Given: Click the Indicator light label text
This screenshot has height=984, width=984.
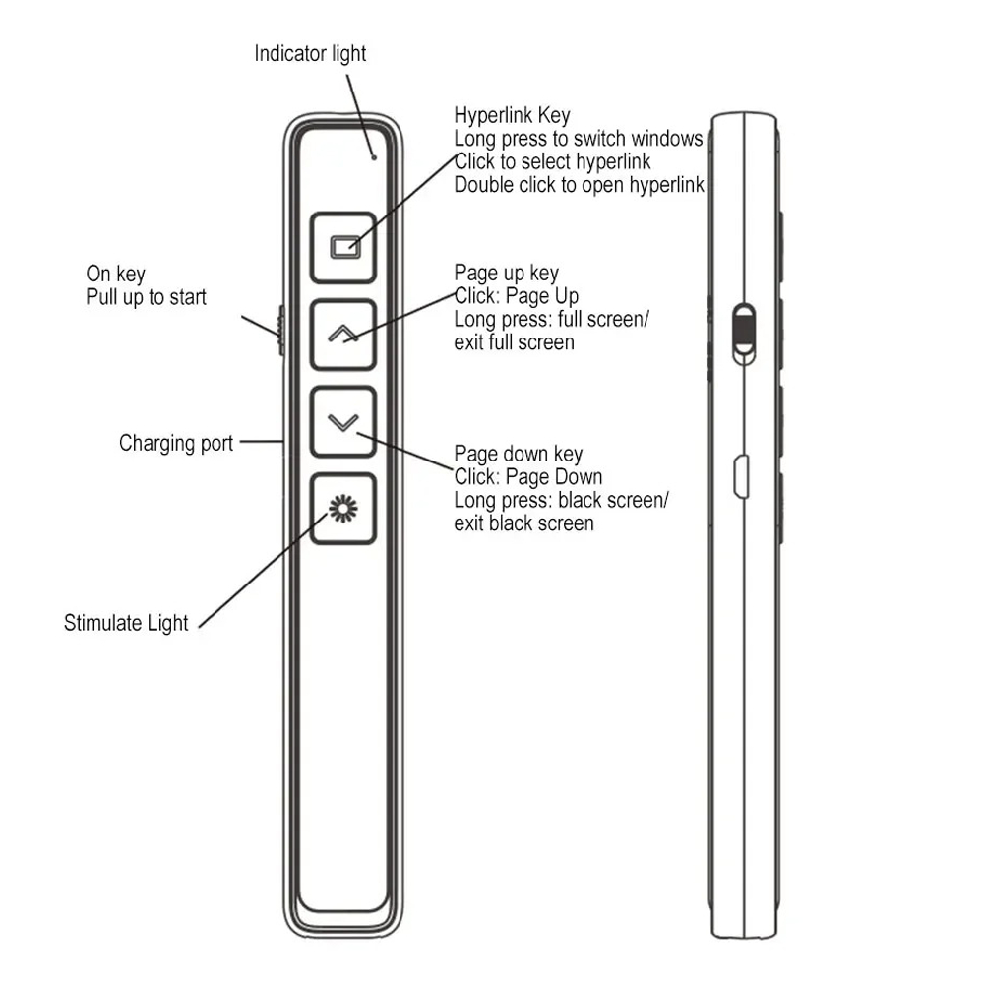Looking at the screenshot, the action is [310, 54].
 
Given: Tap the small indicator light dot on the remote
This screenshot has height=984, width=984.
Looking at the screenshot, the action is [374, 157].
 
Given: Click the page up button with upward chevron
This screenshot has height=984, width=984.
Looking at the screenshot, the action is [343, 335].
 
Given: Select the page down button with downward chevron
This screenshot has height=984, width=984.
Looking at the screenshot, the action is [343, 422].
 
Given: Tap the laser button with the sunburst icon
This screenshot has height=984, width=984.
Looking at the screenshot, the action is [343, 509].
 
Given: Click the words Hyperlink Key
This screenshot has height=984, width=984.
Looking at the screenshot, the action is [512, 115].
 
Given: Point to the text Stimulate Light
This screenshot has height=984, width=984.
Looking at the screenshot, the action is [126, 623].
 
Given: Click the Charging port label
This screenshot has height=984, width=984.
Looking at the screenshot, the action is [176, 443].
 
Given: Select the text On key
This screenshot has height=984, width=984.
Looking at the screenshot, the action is [115, 275].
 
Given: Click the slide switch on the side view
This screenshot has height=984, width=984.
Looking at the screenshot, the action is [744, 334].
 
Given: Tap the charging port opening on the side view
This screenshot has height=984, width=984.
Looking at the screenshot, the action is [741, 477].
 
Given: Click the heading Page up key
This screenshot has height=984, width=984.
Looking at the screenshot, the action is [507, 273].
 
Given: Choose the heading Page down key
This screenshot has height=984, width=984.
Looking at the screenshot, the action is [519, 454].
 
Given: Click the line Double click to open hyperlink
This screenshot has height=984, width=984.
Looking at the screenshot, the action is [580, 185].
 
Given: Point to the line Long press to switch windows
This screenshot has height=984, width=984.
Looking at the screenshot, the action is [579, 139].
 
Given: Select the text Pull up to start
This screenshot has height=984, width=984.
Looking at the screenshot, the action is [147, 297].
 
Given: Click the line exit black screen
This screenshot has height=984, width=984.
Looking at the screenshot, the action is [524, 523].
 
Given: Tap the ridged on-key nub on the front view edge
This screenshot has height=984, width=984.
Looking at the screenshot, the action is [281, 330].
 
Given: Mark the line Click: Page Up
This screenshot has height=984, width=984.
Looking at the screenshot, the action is [517, 296].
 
